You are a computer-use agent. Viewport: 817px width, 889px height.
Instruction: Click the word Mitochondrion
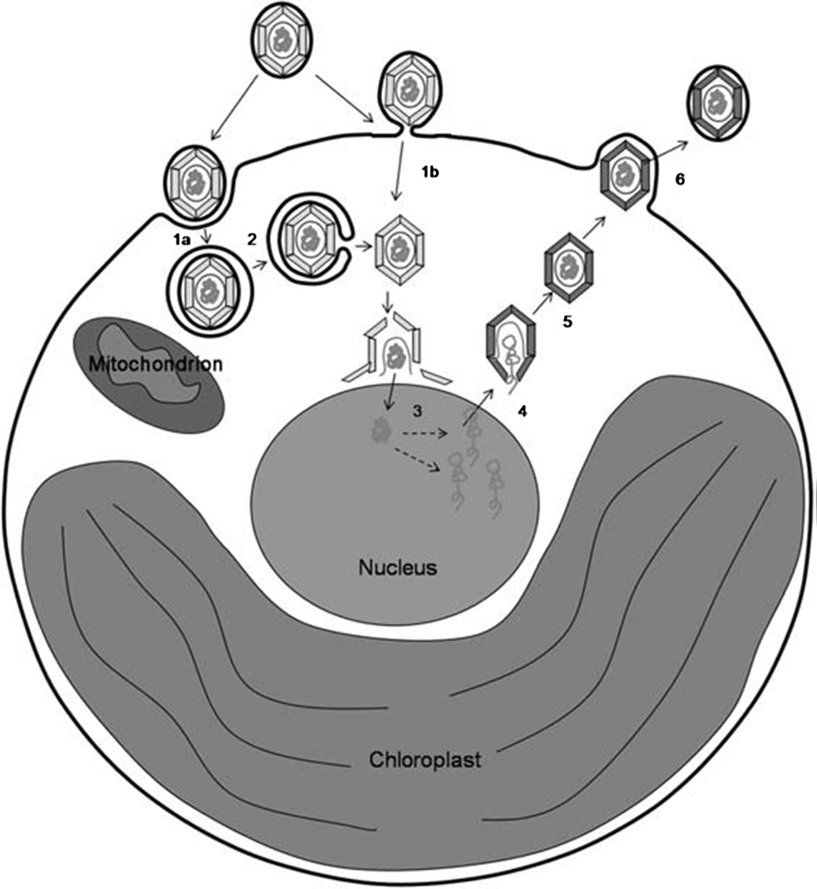155,364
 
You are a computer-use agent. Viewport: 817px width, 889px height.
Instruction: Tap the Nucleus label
397,567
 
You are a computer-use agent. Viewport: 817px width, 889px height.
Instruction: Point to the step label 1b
429,172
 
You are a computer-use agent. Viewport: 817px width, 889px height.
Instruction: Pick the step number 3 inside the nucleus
417,411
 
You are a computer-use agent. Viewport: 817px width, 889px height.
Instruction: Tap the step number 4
522,411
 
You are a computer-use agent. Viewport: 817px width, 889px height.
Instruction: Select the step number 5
567,322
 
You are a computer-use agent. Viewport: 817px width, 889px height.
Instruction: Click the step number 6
680,179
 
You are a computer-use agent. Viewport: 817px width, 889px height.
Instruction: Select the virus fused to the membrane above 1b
410,90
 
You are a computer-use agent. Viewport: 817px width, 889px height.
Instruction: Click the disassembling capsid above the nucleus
395,349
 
